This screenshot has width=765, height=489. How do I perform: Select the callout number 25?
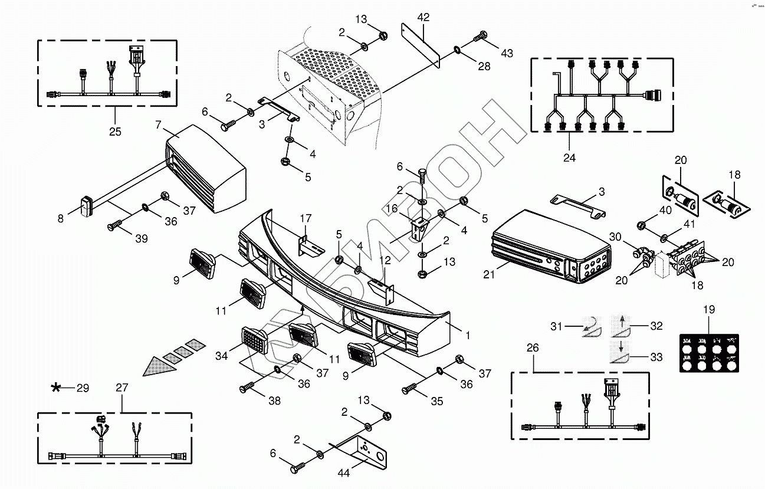[x=115, y=131]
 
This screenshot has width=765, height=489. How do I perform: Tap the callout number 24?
[x=569, y=157]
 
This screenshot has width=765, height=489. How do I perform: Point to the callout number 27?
[x=122, y=388]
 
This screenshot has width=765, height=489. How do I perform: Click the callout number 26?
[x=533, y=348]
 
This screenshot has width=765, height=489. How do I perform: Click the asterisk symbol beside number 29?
[x=57, y=388]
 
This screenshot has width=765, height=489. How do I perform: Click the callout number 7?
[x=158, y=124]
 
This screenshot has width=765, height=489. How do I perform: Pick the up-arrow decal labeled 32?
[x=622, y=324]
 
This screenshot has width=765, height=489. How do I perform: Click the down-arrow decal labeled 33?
[x=620, y=352]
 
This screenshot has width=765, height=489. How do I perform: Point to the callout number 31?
[x=557, y=326]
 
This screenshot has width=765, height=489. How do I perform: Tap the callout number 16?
[x=391, y=209]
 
